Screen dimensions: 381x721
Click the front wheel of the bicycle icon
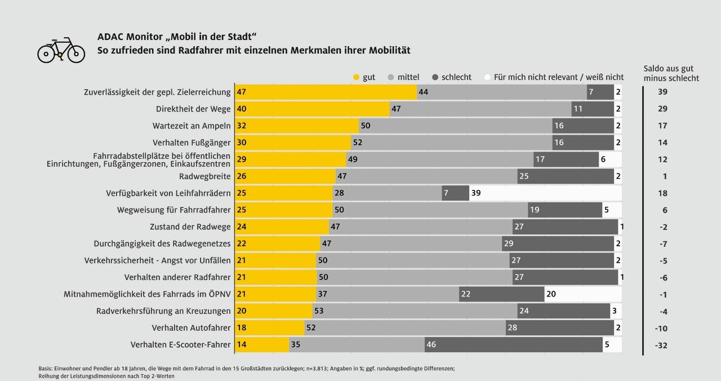(x=76, y=54)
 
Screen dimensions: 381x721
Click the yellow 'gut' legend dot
(x=356, y=77)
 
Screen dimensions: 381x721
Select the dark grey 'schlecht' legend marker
(x=435, y=77)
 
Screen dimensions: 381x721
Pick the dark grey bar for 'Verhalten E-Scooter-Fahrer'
(x=513, y=345)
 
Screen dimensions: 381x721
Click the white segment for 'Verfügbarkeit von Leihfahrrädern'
(x=545, y=193)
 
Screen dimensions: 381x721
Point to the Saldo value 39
(x=662, y=92)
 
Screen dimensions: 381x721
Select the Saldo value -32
(x=662, y=345)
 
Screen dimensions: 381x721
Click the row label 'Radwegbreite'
(x=204, y=176)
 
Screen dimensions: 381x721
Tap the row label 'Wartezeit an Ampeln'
(x=192, y=126)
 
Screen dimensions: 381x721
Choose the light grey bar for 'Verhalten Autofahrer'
(x=404, y=328)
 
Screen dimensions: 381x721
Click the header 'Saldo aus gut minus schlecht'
(x=671, y=73)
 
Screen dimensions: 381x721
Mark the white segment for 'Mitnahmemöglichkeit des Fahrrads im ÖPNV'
(x=583, y=294)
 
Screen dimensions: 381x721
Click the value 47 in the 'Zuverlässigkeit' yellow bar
(x=242, y=92)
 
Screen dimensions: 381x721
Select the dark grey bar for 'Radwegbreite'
(x=566, y=176)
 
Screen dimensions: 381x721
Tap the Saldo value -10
(x=662, y=329)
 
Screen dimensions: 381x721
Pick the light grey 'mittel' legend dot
(x=391, y=77)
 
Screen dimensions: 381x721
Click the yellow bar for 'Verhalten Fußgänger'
(x=293, y=143)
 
